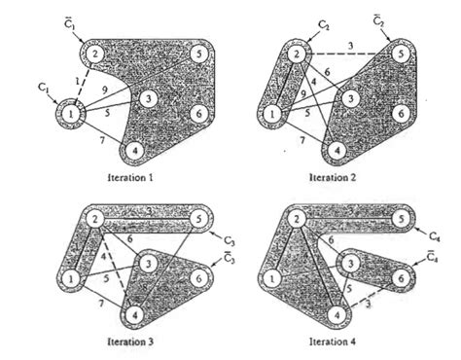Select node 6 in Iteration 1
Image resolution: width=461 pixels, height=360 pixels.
pyautogui.click(x=197, y=114)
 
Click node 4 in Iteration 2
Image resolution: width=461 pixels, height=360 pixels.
pyautogui.click(x=335, y=151)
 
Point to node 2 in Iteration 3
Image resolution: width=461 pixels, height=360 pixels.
pyautogui.click(x=94, y=221)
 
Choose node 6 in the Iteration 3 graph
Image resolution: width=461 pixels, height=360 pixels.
pyautogui.click(x=197, y=279)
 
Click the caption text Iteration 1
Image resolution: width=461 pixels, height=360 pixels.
pyautogui.click(x=134, y=178)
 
